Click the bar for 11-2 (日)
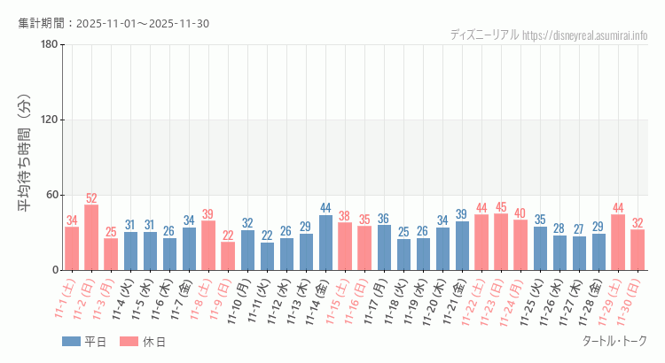[91, 237]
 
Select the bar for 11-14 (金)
[325, 243]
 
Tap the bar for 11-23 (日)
[501, 242]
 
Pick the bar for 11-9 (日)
[228, 256]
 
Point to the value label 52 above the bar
[91, 198]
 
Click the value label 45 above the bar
[501, 207]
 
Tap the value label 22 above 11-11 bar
[267, 236]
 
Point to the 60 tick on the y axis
[51, 195]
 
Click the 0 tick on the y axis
[55, 270]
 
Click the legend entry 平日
[83, 342]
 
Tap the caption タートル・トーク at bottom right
[614, 341]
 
